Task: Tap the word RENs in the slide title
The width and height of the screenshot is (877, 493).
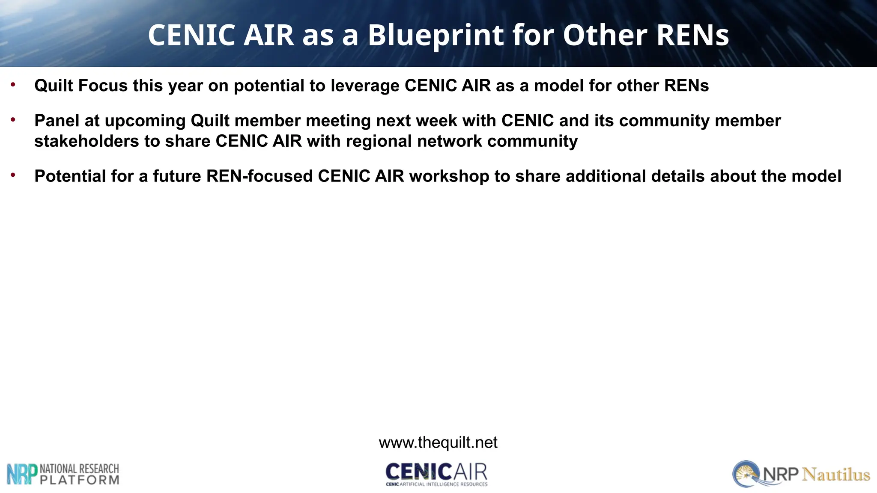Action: click(692, 35)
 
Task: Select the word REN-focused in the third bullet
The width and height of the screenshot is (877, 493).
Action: click(260, 176)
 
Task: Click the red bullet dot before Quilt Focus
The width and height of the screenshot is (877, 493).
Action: click(13, 85)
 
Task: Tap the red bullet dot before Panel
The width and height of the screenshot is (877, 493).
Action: click(13, 120)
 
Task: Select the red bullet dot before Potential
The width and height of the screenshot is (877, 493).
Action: click(13, 175)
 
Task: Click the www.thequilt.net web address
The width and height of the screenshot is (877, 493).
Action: click(438, 443)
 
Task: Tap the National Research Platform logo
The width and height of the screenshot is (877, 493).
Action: click(63, 474)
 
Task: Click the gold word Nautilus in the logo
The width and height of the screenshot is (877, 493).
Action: click(836, 475)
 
